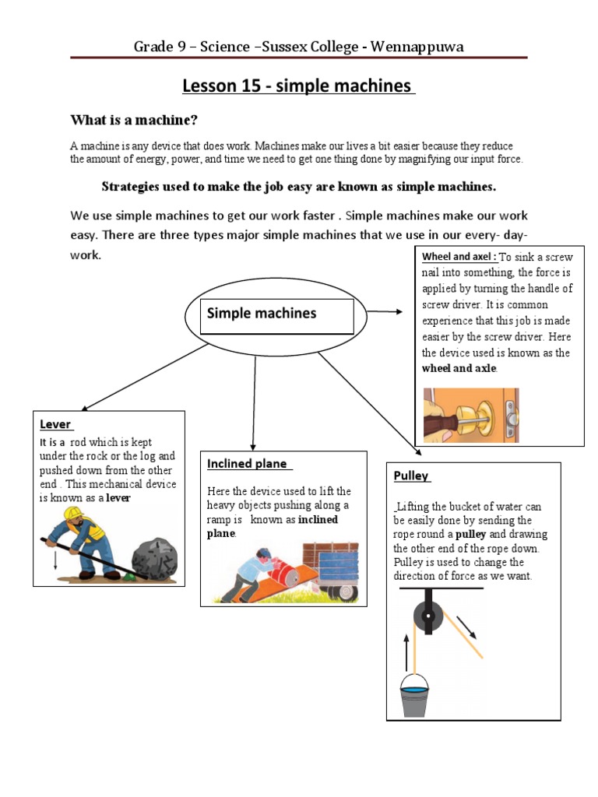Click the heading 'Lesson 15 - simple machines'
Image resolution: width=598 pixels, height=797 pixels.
299,86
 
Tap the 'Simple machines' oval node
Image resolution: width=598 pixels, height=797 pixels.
262,314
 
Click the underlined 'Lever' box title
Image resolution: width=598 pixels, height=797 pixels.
55,424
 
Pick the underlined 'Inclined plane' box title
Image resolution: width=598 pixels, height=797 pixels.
248,464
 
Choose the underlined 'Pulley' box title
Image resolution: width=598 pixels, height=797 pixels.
411,476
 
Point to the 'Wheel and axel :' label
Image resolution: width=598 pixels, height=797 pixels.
459,257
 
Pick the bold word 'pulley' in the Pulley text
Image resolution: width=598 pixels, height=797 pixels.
471,535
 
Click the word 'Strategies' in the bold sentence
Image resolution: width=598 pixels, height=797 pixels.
130,187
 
